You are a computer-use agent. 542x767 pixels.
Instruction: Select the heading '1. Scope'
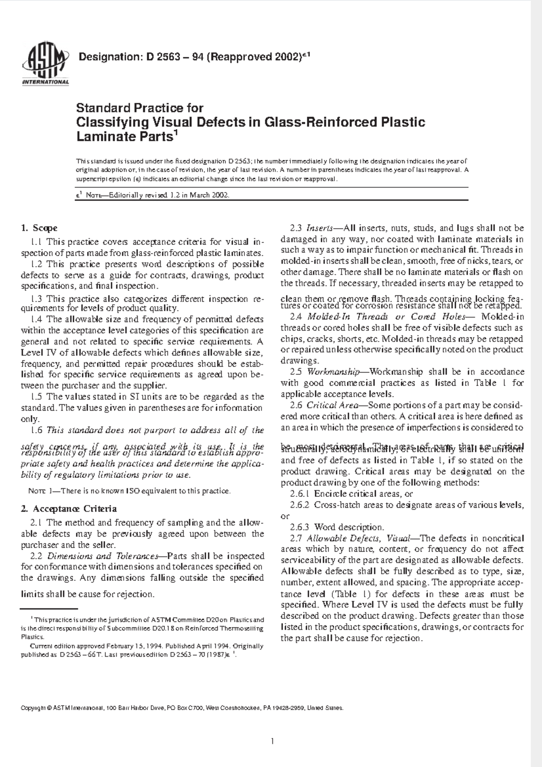(x=39, y=228)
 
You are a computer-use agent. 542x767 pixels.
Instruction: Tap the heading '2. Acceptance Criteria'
(x=69, y=509)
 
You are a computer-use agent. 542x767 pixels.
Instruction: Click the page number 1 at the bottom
(x=272, y=741)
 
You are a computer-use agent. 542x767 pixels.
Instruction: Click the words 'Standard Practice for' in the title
(x=140, y=108)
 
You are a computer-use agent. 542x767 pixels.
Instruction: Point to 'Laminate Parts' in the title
(x=124, y=136)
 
